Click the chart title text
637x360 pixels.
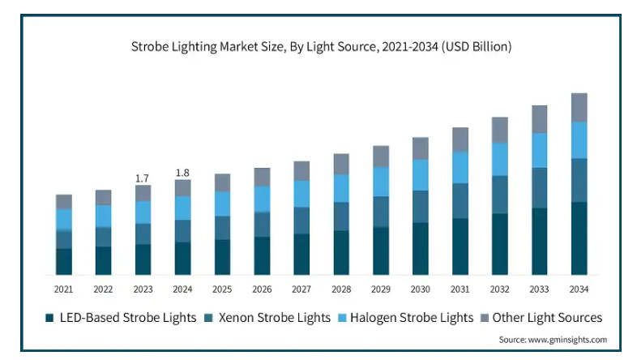pos(321,47)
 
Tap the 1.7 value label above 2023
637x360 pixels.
pos(142,178)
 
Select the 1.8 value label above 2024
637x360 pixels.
pos(182,173)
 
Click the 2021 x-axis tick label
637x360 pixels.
pos(63,289)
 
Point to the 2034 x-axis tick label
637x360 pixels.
pos(579,289)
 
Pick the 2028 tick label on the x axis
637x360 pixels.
pos(341,289)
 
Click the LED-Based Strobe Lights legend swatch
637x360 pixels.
pos(49,318)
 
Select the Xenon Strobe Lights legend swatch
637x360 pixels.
pos(209,318)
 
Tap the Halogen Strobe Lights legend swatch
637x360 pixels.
pos(343,318)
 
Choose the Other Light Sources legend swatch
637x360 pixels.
pos(485,318)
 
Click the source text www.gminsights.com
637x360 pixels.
pos(567,340)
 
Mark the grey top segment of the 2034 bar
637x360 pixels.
pos(579,108)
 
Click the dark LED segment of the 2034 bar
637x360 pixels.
pos(579,238)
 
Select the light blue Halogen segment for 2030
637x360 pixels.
pos(421,175)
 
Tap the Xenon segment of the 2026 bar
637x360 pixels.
pos(262,225)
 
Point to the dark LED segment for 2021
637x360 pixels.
pos(64,262)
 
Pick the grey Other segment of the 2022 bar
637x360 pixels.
pos(103,198)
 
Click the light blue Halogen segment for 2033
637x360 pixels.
pos(539,150)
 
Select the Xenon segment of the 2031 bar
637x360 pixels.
pos(460,201)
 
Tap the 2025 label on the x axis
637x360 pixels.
pos(222,289)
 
